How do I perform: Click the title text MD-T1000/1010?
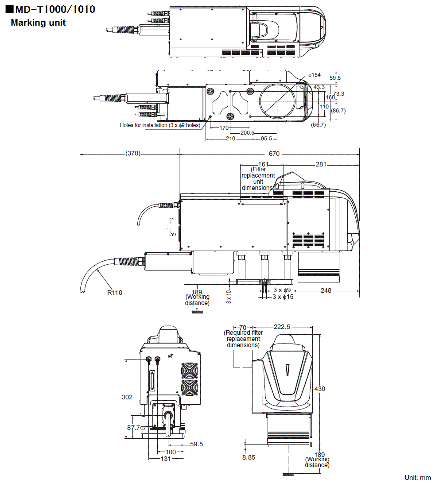tap(54, 9)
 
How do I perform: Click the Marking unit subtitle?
tap(38, 23)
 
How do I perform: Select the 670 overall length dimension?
tap(274, 154)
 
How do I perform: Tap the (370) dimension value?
tap(132, 154)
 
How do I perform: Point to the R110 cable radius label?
tap(114, 292)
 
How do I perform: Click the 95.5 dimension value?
tap(266, 139)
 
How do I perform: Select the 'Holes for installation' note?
tap(160, 125)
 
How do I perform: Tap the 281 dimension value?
tap(321, 165)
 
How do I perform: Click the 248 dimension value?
tap(326, 290)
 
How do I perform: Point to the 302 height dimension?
tap(127, 397)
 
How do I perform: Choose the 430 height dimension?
tap(319, 389)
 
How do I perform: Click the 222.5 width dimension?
tap(282, 327)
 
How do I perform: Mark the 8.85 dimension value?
tap(249, 457)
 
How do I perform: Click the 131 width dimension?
tap(166, 459)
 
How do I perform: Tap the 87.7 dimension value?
tap(133, 428)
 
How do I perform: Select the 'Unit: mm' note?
tap(417, 478)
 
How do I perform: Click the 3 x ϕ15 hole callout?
tap(283, 297)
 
